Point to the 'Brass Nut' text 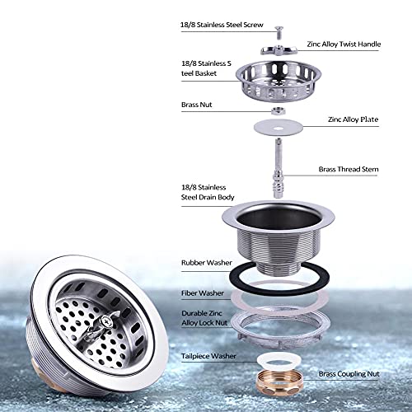[x=197, y=105]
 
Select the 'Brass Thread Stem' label [x=349, y=169]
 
